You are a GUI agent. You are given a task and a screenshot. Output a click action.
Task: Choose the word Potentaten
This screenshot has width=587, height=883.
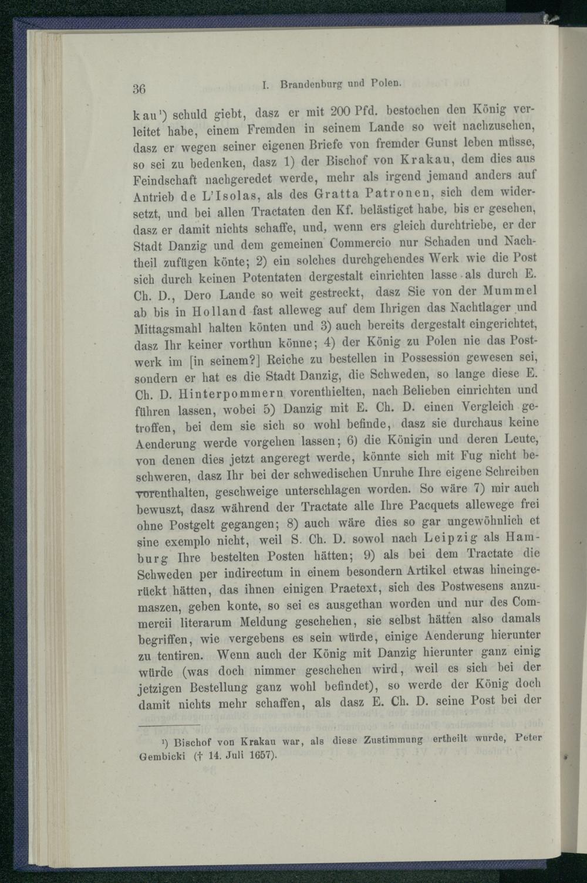tap(271, 276)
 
